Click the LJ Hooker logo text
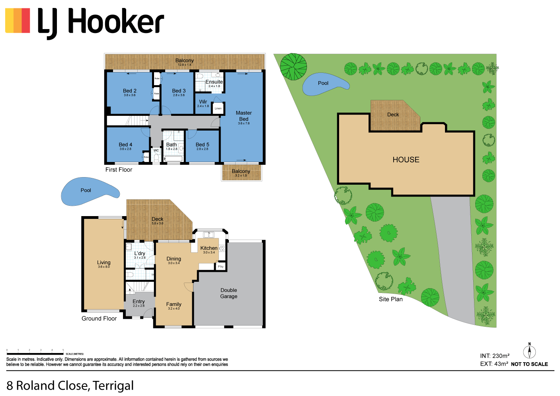pos(100,22)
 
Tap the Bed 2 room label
pos(130,91)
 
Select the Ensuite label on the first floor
pos(214,82)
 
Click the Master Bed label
pos(244,116)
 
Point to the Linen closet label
pos(218,108)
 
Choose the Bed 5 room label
pos(202,145)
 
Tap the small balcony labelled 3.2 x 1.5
pos(241,172)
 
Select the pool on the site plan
pos(324,84)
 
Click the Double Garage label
pos(229,293)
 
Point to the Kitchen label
pos(209,248)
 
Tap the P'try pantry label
pos(221,267)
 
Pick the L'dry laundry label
pos(140,254)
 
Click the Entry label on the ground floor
pos(139,302)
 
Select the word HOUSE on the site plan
pos(406,160)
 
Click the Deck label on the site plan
pos(393,115)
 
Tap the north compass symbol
pos(529,351)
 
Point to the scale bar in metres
pos(35,353)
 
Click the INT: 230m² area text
pos(495,356)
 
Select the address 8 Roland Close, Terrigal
pos(70,386)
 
